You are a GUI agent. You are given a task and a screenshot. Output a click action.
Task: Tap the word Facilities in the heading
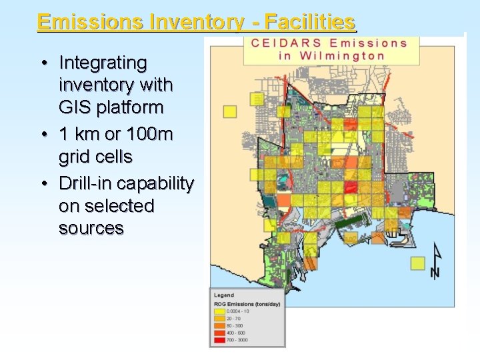pos(309,22)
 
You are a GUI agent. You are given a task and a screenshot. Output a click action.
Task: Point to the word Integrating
pos(103,63)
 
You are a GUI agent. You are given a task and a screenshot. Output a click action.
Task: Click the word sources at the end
pos(91,228)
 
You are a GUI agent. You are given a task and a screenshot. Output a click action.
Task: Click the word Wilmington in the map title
pos(342,55)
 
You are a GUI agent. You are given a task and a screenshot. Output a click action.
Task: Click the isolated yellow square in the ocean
pos(418,263)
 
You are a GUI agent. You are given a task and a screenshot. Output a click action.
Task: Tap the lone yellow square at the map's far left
pos(230,111)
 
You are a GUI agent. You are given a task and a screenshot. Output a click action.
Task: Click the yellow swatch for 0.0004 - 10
pos(219,311)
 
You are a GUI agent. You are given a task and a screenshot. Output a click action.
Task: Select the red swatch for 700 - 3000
pos(219,340)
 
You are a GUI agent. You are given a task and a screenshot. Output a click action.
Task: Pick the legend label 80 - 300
pos(235,326)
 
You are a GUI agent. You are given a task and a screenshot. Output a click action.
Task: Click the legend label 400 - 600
pos(236,333)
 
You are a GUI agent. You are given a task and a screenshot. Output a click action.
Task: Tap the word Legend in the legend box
pos(224,294)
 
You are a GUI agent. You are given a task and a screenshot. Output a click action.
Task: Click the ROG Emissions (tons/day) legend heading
pos(247,304)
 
